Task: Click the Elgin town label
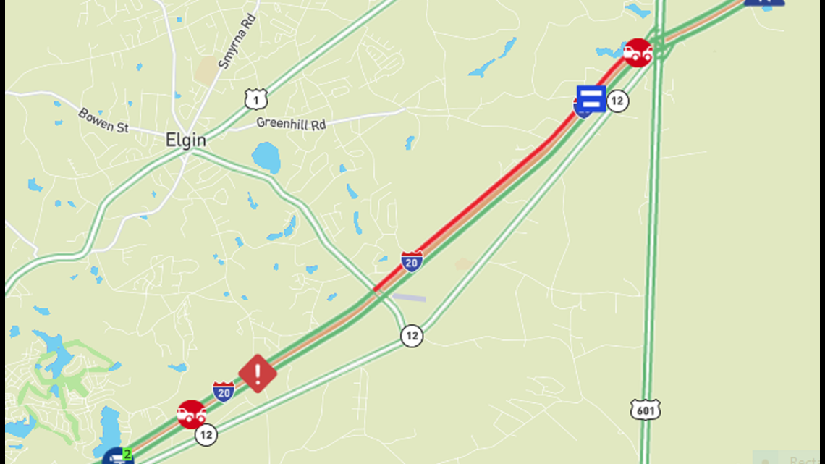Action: pyautogui.click(x=186, y=140)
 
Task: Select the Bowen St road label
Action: pyautogui.click(x=103, y=120)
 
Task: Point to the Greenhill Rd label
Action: pyautogui.click(x=291, y=124)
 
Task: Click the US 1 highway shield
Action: pyautogui.click(x=255, y=98)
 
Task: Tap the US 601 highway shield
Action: pyautogui.click(x=645, y=410)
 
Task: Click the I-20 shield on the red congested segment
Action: pyautogui.click(x=412, y=261)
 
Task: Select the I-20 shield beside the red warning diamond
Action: pyautogui.click(x=224, y=392)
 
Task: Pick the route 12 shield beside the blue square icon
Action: pyautogui.click(x=617, y=101)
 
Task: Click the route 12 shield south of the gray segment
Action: pyautogui.click(x=412, y=335)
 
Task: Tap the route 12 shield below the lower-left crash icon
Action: pyautogui.click(x=206, y=434)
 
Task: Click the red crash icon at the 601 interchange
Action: pyautogui.click(x=638, y=53)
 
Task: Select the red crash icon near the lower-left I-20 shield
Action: pyautogui.click(x=192, y=414)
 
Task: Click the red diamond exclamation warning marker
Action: pyautogui.click(x=258, y=374)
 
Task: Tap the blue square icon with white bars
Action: pyautogui.click(x=591, y=98)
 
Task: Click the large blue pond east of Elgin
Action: pyautogui.click(x=266, y=157)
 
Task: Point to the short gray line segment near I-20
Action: pyautogui.click(x=408, y=297)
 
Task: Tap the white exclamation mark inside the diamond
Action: pyautogui.click(x=258, y=373)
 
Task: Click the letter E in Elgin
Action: pyautogui.click(x=170, y=140)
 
